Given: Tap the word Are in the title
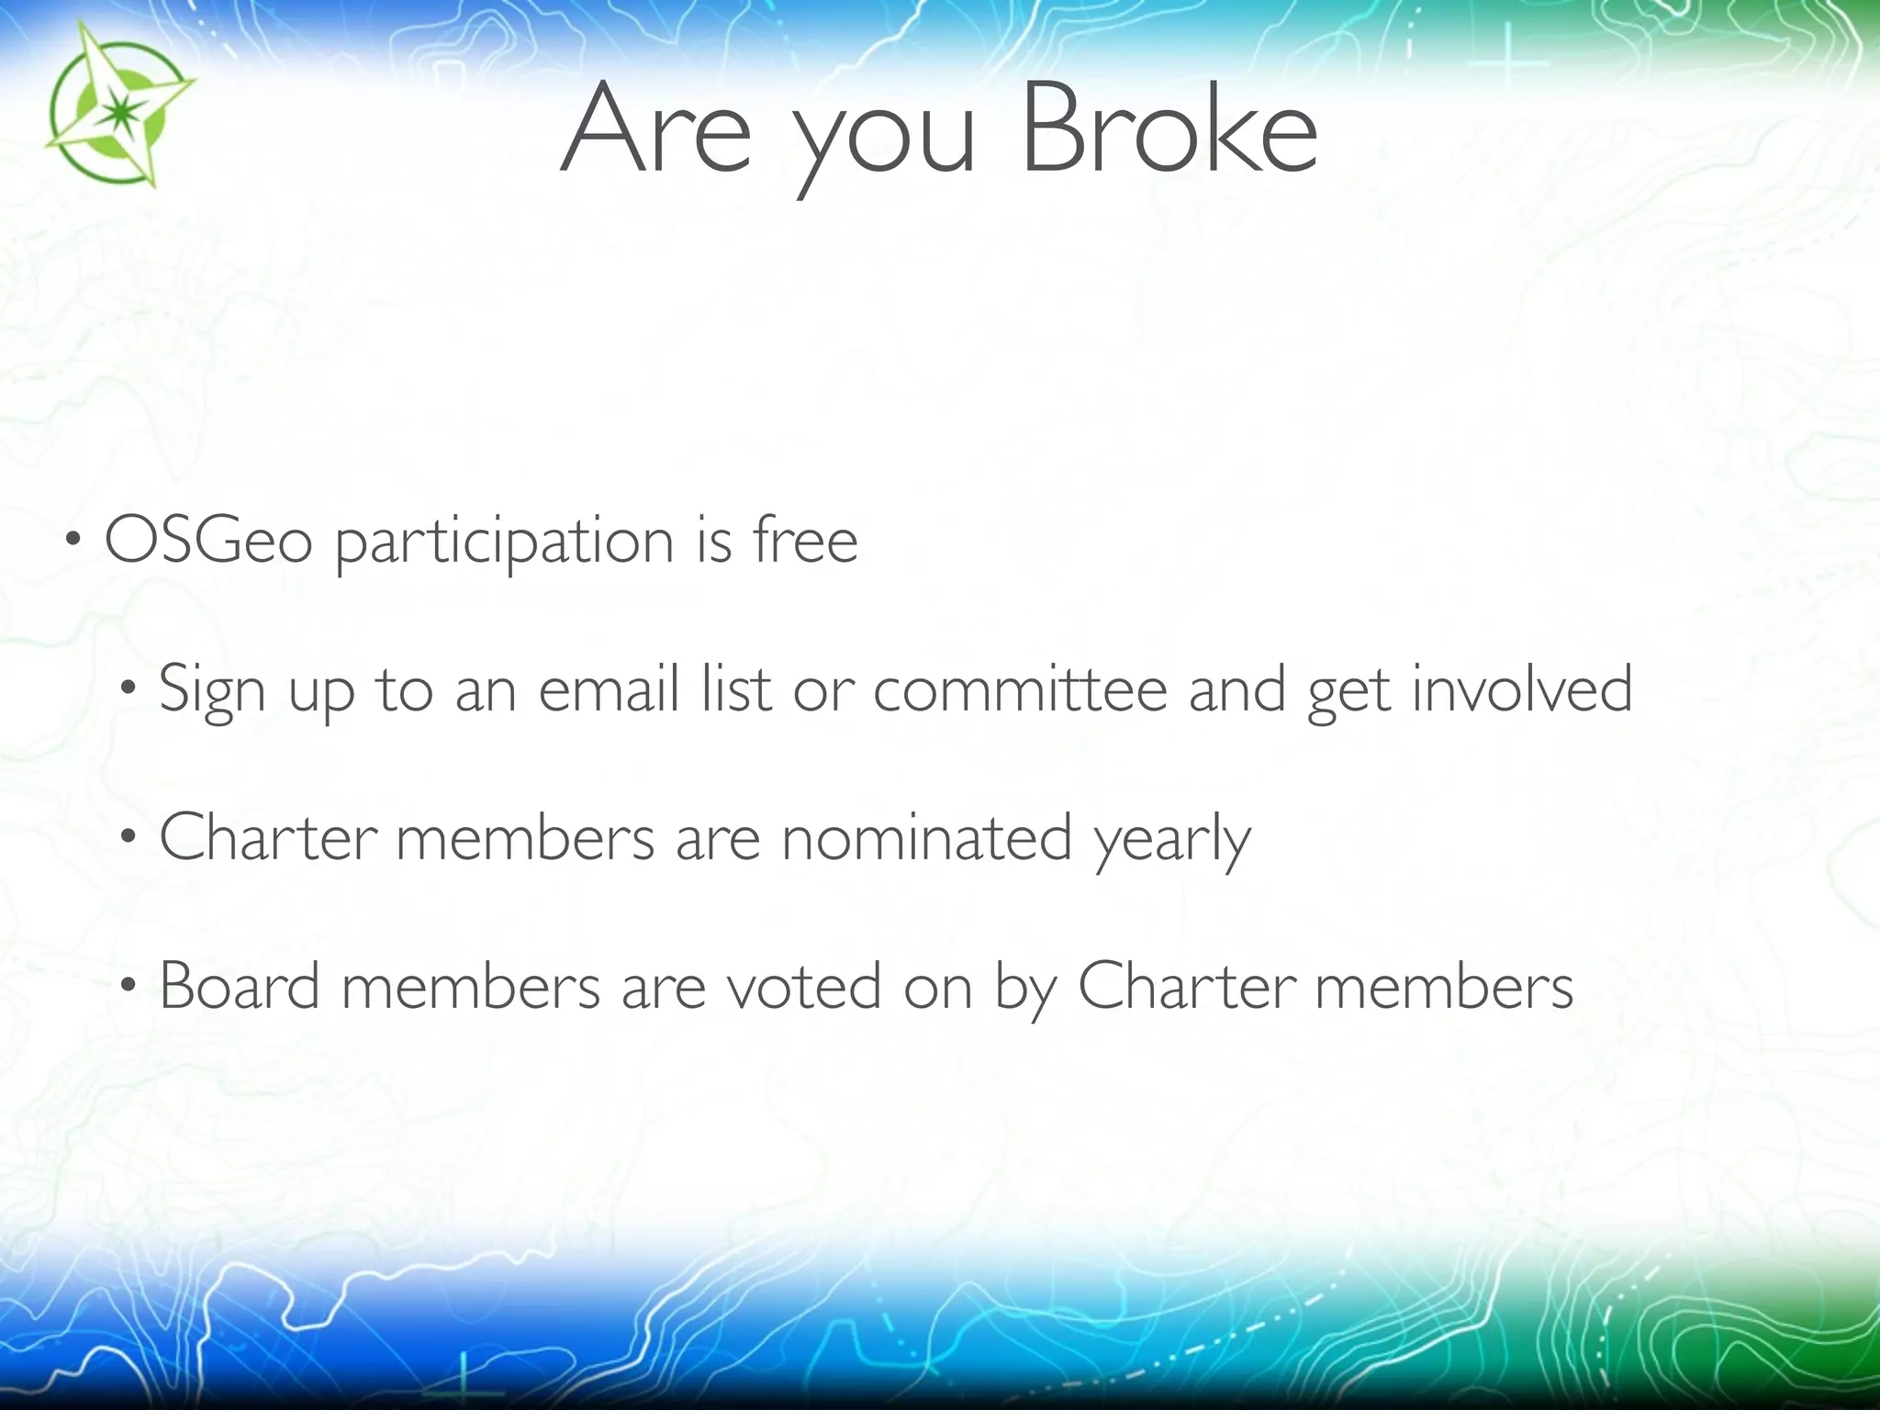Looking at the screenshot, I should pos(655,129).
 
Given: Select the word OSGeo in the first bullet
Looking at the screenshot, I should pos(208,541).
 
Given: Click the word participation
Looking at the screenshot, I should pos(505,543).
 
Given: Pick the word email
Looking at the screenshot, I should pos(609,688).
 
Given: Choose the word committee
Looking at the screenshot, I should pos(1020,688).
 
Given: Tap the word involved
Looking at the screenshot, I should pos(1521,688).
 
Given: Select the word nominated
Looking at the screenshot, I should pos(926,837).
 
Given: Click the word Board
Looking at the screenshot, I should pos(240,986).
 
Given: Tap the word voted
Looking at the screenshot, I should pos(804,986).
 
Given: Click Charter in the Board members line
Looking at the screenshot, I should pos(1186,986).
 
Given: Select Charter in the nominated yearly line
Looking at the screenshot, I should pos(268,837).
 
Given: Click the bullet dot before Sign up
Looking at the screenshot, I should pos(129,688).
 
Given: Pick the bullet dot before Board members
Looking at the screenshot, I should pos(129,985).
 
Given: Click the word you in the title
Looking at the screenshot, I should pos(884,138).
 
